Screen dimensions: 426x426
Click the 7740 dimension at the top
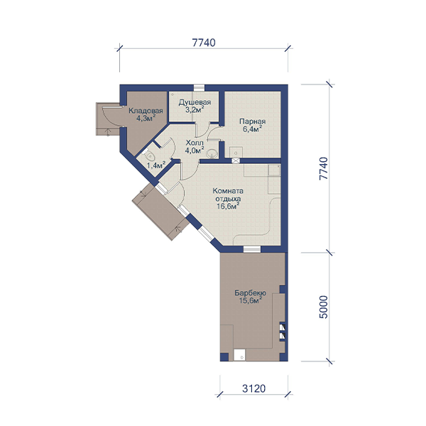204,43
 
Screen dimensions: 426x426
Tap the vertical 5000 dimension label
323,307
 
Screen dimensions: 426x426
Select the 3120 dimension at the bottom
253,389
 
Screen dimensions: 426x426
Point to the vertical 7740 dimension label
323,168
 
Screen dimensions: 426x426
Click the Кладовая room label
146,111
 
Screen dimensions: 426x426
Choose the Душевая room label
195,102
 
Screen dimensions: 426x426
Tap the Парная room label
252,121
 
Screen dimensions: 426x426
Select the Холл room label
195,143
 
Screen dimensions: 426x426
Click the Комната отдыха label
228,195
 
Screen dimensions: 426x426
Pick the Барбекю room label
250,293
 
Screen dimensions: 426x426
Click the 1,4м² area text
156,165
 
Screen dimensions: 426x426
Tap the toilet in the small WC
148,155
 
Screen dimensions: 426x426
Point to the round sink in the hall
212,154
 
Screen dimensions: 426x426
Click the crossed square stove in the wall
236,160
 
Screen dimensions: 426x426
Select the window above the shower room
199,87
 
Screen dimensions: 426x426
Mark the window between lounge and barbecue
252,249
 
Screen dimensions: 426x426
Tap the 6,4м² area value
252,129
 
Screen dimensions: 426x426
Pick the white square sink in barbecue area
239,355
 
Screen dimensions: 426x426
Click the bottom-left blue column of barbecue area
224,357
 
